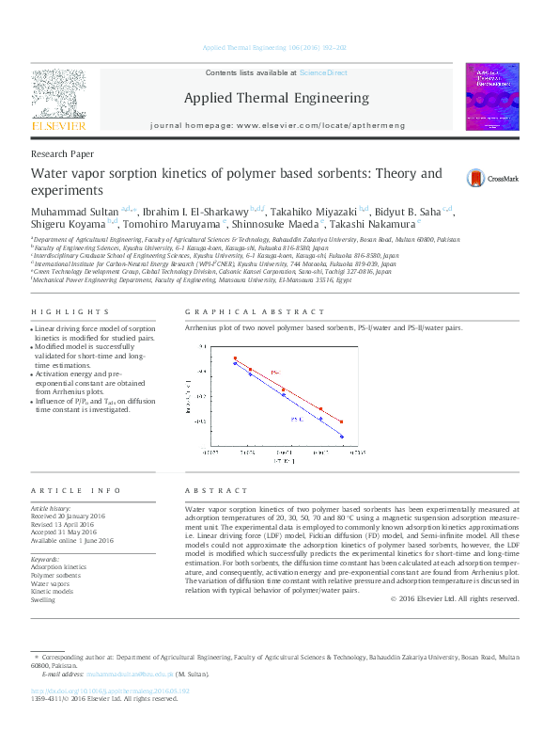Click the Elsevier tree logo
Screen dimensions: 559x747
pyautogui.click(x=59, y=97)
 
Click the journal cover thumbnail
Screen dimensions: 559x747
pyautogui.click(x=491, y=97)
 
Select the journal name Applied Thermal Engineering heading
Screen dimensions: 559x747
pyautogui.click(x=275, y=98)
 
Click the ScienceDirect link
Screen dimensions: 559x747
pyautogui.click(x=323, y=72)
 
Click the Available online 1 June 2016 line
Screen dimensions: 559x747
pyautogui.click(x=72, y=540)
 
